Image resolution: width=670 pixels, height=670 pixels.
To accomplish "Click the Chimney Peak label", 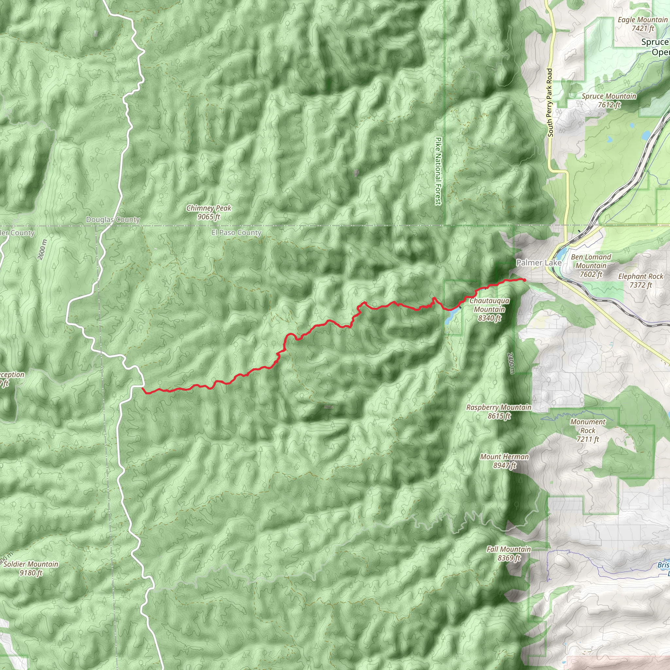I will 209,212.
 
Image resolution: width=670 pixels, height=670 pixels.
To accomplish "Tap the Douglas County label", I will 113,220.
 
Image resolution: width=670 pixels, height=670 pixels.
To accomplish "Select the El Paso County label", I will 236,233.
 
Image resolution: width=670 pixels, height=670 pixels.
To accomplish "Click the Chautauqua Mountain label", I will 489,309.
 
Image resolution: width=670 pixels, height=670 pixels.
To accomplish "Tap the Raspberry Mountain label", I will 499,411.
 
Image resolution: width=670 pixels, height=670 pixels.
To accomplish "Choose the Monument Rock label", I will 588,431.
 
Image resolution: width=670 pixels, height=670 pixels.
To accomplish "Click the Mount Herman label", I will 504,461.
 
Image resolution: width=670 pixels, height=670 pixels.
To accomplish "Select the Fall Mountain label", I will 509,553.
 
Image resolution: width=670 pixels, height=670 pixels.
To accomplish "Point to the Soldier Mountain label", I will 31,568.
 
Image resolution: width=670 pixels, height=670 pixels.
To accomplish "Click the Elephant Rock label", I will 641,281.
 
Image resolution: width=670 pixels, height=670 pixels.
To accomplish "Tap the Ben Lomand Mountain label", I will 591,266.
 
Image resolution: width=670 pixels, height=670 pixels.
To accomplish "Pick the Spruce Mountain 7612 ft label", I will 609,100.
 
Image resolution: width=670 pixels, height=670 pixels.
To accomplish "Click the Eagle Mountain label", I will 643,24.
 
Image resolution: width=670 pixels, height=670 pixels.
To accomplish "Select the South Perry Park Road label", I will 550,102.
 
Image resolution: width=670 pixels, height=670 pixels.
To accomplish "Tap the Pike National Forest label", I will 439,171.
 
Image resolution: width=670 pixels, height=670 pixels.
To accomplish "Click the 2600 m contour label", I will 42,249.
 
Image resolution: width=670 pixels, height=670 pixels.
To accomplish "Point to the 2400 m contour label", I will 510,363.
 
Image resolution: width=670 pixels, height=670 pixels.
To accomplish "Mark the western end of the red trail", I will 143,389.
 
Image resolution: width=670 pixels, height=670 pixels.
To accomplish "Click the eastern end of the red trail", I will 524,279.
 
